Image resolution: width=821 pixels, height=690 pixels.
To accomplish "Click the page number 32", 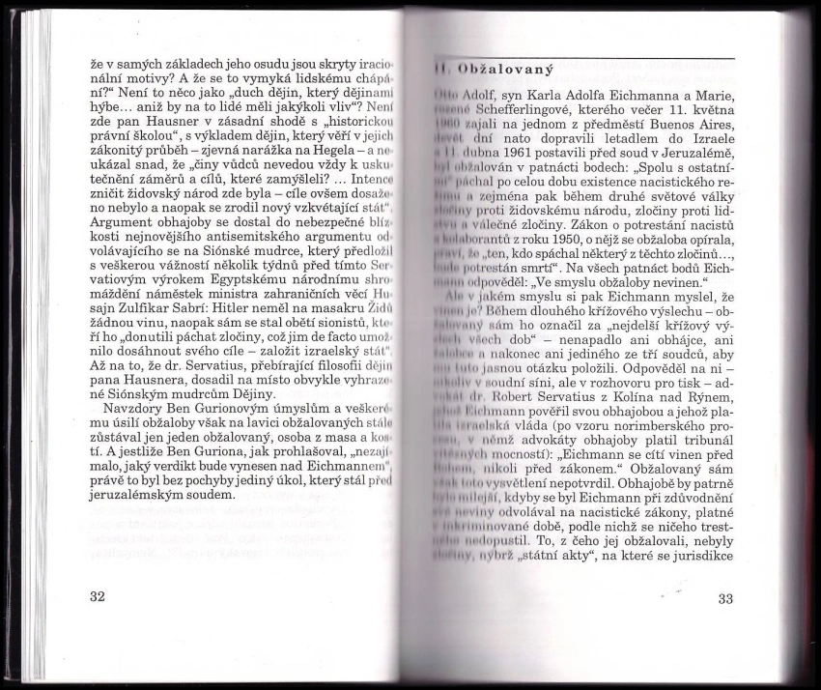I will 96,596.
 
